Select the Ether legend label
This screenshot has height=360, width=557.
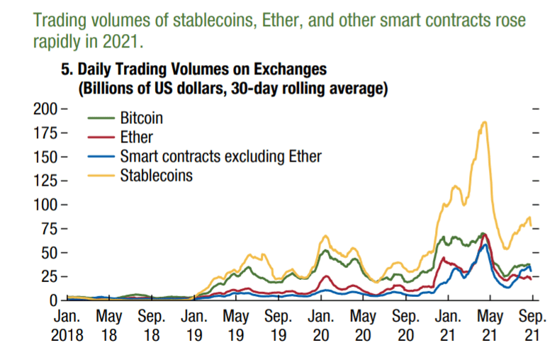click(137, 137)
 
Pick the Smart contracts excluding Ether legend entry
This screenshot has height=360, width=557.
click(220, 156)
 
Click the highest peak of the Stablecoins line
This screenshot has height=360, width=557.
click(485, 122)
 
